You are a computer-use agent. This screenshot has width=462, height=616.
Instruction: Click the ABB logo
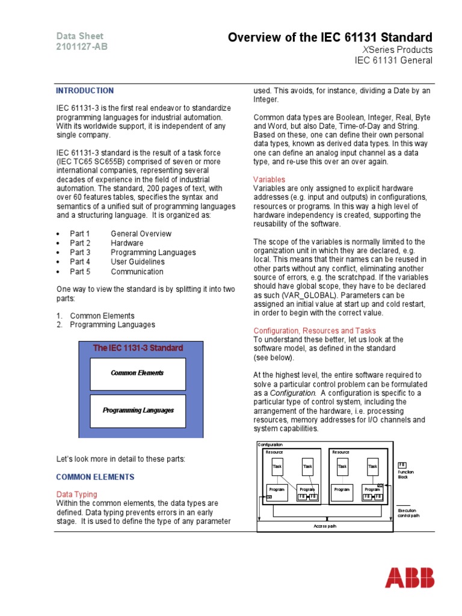[409, 577]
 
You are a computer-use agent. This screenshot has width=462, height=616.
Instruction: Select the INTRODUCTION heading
[84, 91]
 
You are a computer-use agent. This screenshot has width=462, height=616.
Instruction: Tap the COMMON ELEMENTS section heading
[95, 477]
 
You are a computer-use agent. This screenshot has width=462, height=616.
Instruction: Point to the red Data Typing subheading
[78, 494]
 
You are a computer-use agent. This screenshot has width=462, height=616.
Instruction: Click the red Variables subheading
[269, 180]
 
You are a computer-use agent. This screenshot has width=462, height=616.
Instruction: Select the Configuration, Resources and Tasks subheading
[315, 331]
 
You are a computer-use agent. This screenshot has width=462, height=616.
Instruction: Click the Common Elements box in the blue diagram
[137, 373]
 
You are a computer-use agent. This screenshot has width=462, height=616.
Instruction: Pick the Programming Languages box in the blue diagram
[138, 410]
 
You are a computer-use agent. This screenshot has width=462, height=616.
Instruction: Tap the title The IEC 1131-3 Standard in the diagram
[138, 348]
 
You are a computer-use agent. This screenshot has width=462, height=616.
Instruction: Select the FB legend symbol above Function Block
[402, 465]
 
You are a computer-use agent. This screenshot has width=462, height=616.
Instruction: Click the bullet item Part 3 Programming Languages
[132, 253]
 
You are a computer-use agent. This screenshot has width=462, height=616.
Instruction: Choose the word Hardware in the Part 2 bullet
[127, 243]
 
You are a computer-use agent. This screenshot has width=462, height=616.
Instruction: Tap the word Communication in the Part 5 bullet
[137, 271]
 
